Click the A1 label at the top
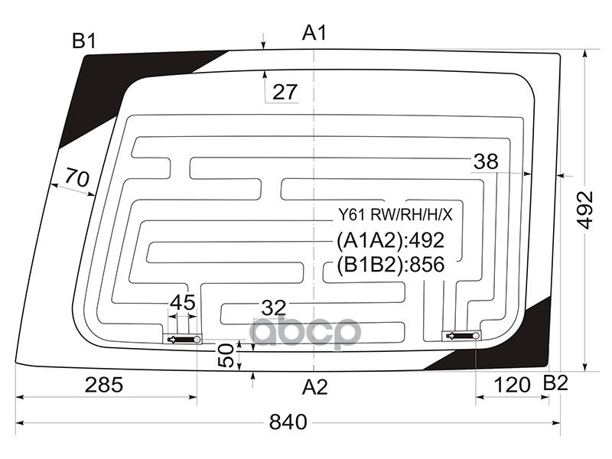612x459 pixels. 314,33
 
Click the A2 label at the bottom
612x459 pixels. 314,387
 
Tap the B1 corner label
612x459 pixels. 84,41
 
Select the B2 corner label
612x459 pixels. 555,384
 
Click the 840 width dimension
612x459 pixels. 288,422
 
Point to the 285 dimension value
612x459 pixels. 104,385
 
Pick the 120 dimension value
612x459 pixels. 513,385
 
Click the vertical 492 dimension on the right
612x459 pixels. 585,209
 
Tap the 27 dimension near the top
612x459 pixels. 285,93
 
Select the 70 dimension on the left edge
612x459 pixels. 76,178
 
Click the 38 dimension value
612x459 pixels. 486,161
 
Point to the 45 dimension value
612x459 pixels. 182,302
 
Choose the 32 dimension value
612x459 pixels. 273,308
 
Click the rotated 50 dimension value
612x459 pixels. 226,356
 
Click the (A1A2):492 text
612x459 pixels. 390,240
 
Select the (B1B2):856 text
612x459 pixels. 390,265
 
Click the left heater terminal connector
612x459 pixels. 184,339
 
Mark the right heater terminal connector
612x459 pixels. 462,335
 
